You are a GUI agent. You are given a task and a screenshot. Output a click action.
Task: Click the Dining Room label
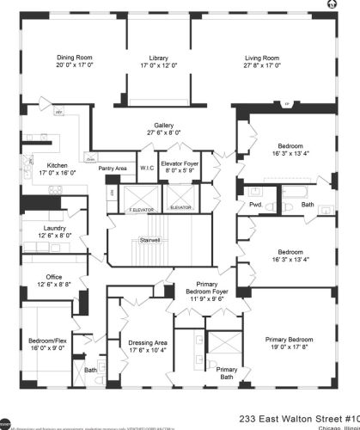[x=73, y=56]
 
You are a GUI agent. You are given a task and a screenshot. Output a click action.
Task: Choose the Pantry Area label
[x=113, y=168]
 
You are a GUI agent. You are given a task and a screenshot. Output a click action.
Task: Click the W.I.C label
[x=146, y=168]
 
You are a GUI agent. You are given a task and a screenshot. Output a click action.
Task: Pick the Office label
[x=53, y=277]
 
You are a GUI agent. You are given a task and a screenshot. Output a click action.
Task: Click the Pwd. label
[x=255, y=205]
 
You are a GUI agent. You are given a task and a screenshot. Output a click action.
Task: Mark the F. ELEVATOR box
[x=140, y=209]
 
